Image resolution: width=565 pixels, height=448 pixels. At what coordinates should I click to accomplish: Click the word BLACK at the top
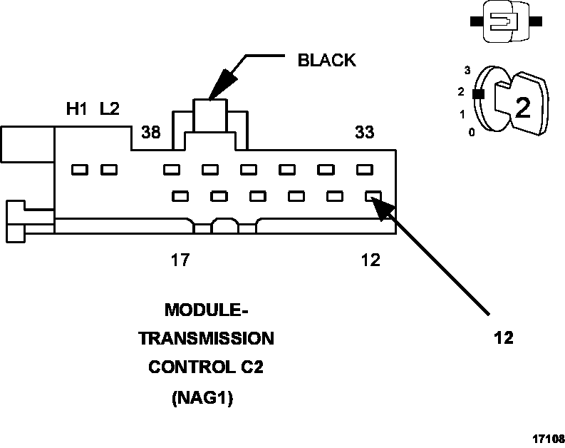(x=326, y=60)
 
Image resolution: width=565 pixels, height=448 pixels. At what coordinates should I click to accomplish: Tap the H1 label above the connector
(x=76, y=109)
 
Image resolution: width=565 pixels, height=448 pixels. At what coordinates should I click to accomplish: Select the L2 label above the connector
(x=110, y=109)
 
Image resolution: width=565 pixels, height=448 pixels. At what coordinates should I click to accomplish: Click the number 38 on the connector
(x=150, y=132)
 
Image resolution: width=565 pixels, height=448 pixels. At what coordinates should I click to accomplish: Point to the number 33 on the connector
(x=364, y=132)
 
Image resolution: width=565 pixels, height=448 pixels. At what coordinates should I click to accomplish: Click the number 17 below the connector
(x=180, y=260)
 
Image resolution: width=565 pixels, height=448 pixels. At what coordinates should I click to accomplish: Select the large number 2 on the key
(x=522, y=108)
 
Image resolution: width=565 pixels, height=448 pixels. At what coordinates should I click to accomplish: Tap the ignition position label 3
(x=467, y=70)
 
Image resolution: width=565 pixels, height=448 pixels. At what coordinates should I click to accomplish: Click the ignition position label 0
(x=472, y=133)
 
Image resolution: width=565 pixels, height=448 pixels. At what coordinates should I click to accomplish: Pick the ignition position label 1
(x=462, y=114)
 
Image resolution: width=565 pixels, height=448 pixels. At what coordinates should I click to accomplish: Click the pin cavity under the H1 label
(x=79, y=170)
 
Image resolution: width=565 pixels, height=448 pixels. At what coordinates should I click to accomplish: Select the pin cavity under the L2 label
(x=108, y=170)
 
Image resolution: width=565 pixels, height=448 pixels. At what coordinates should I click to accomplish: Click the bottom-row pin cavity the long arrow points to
(x=373, y=195)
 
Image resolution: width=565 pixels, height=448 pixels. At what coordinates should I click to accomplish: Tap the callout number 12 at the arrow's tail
(x=503, y=337)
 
